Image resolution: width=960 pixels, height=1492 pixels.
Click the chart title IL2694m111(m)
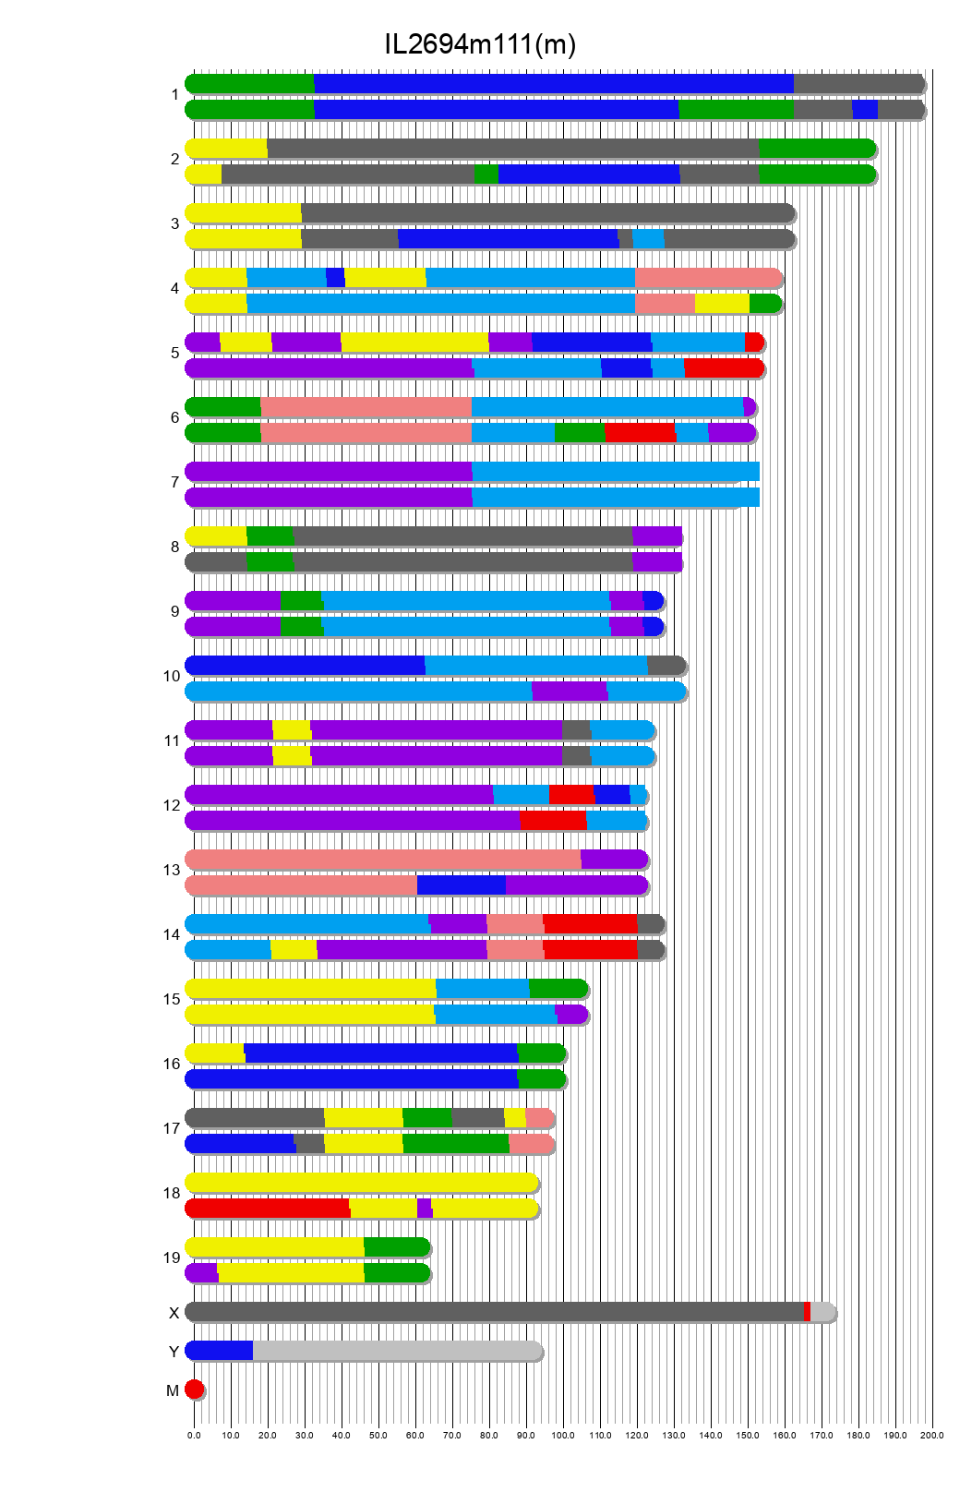pos(480,43)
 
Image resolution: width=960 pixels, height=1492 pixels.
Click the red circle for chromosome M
pos(194,1389)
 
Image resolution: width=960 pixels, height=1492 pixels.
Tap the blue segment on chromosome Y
pos(220,1350)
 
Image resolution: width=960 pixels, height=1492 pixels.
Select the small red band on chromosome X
pos(807,1311)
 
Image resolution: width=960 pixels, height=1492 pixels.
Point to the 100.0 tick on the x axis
pos(563,1435)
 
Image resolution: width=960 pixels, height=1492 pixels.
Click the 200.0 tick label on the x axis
pos(932,1435)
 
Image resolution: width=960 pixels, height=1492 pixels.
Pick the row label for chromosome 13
pos(172,870)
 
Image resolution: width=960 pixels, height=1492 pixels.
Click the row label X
pos(174,1313)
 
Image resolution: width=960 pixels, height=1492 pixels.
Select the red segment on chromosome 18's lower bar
pos(268,1208)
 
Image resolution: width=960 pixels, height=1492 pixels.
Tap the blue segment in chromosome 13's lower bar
pos(461,884)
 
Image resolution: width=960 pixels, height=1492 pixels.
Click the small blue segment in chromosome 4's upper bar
pos(335,277)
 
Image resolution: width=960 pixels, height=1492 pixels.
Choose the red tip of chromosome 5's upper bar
pos(753,342)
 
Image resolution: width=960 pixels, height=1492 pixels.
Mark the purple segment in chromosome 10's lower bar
pos(570,691)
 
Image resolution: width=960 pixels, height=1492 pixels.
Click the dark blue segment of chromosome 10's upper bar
pos(305,665)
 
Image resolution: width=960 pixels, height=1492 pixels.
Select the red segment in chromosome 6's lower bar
pos(640,432)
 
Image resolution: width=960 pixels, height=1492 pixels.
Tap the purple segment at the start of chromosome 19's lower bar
pos(202,1272)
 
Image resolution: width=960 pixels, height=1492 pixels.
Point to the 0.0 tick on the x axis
pos(194,1435)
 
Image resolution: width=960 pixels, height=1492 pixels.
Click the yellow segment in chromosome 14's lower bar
pos(294,949)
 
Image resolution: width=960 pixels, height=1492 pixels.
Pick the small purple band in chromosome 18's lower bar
pos(424,1208)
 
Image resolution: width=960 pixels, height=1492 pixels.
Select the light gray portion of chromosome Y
pos(397,1350)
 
